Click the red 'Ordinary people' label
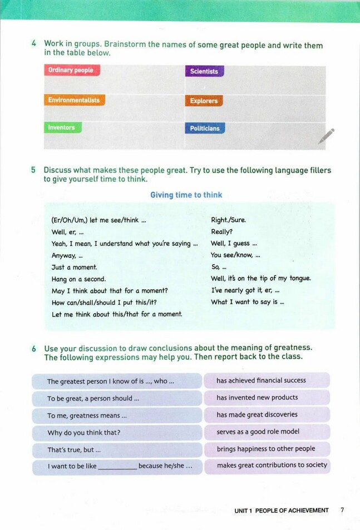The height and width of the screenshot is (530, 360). point(71,71)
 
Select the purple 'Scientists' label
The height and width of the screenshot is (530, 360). point(204,71)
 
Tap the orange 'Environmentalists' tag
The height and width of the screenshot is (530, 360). point(74,101)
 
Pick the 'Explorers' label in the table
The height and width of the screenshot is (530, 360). point(204,101)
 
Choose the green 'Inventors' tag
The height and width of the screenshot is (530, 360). point(62,127)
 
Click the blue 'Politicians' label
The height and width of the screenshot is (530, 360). point(205,128)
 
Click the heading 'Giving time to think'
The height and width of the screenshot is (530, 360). point(186,195)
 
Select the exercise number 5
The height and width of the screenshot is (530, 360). point(34,170)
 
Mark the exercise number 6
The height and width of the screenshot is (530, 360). point(34,349)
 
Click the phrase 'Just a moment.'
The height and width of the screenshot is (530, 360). point(74,267)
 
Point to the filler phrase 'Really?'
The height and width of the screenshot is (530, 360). point(222,231)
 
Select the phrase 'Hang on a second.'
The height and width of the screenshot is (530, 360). point(78,279)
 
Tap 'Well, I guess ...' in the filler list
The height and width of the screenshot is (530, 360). point(234,244)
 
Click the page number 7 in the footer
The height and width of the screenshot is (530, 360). point(342,510)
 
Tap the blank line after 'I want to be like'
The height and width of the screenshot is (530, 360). point(117,467)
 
